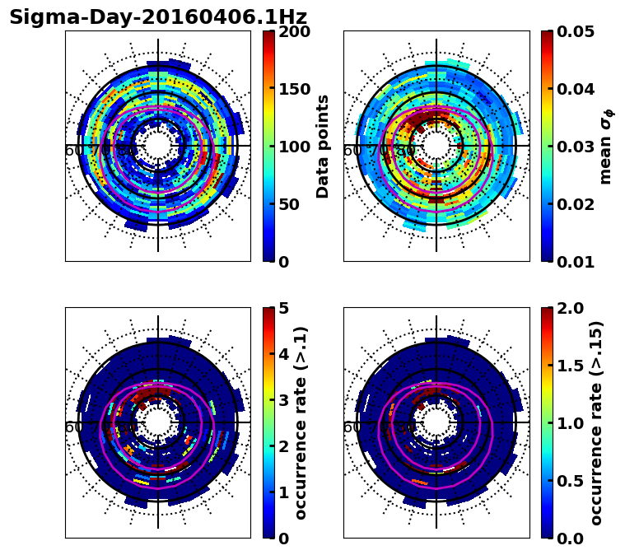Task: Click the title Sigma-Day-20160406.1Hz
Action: [x=158, y=17]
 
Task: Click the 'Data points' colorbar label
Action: [x=323, y=147]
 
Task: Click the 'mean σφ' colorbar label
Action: [x=605, y=147]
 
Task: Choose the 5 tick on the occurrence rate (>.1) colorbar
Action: [x=282, y=308]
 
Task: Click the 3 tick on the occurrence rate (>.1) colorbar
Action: [x=282, y=400]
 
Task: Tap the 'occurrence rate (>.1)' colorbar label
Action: [x=301, y=423]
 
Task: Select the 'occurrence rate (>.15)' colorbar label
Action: [x=596, y=423]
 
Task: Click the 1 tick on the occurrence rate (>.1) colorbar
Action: [x=282, y=492]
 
